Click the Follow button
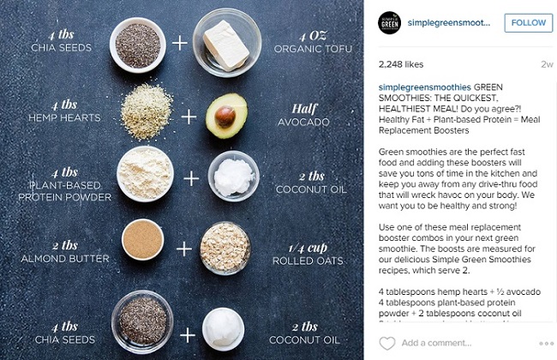pyautogui.click(x=527, y=23)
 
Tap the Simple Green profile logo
pyautogui.click(x=392, y=23)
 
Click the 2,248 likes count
pyautogui.click(x=404, y=64)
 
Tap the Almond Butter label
pyautogui.click(x=66, y=257)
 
